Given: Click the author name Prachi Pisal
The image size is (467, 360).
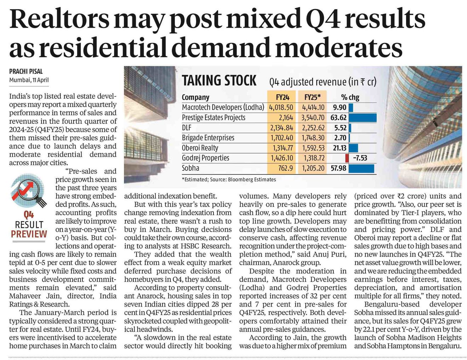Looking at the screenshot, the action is pyautogui.click(x=26, y=71).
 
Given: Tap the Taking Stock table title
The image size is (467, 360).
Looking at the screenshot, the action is pyautogui.click(x=219, y=80).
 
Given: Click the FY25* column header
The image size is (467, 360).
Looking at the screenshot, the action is pyautogui.click(x=312, y=97).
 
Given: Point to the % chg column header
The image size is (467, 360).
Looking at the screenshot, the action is pyautogui.click(x=350, y=97).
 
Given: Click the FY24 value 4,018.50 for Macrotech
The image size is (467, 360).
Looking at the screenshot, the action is pyautogui.click(x=281, y=107).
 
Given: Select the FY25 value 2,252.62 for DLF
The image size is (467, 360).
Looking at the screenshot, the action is pyautogui.click(x=313, y=128).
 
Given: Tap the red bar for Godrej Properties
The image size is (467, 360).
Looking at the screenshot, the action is pyautogui.click(x=347, y=158).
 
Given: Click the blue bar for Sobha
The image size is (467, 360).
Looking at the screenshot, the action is pyautogui.click(x=361, y=168).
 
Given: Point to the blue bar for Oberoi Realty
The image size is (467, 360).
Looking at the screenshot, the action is pyautogui.click(x=353, y=148).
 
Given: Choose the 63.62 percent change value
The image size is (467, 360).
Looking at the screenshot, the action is pyautogui.click(x=339, y=118).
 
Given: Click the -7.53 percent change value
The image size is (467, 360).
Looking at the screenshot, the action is pyautogui.click(x=360, y=158).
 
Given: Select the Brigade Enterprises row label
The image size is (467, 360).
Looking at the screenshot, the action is pyautogui.click(x=208, y=137).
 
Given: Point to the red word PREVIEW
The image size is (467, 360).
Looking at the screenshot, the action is pyautogui.click(x=29, y=234).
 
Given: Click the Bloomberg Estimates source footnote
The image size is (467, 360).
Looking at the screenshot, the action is pyautogui.click(x=229, y=179).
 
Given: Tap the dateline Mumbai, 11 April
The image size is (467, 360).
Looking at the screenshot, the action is pyautogui.click(x=29, y=80).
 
